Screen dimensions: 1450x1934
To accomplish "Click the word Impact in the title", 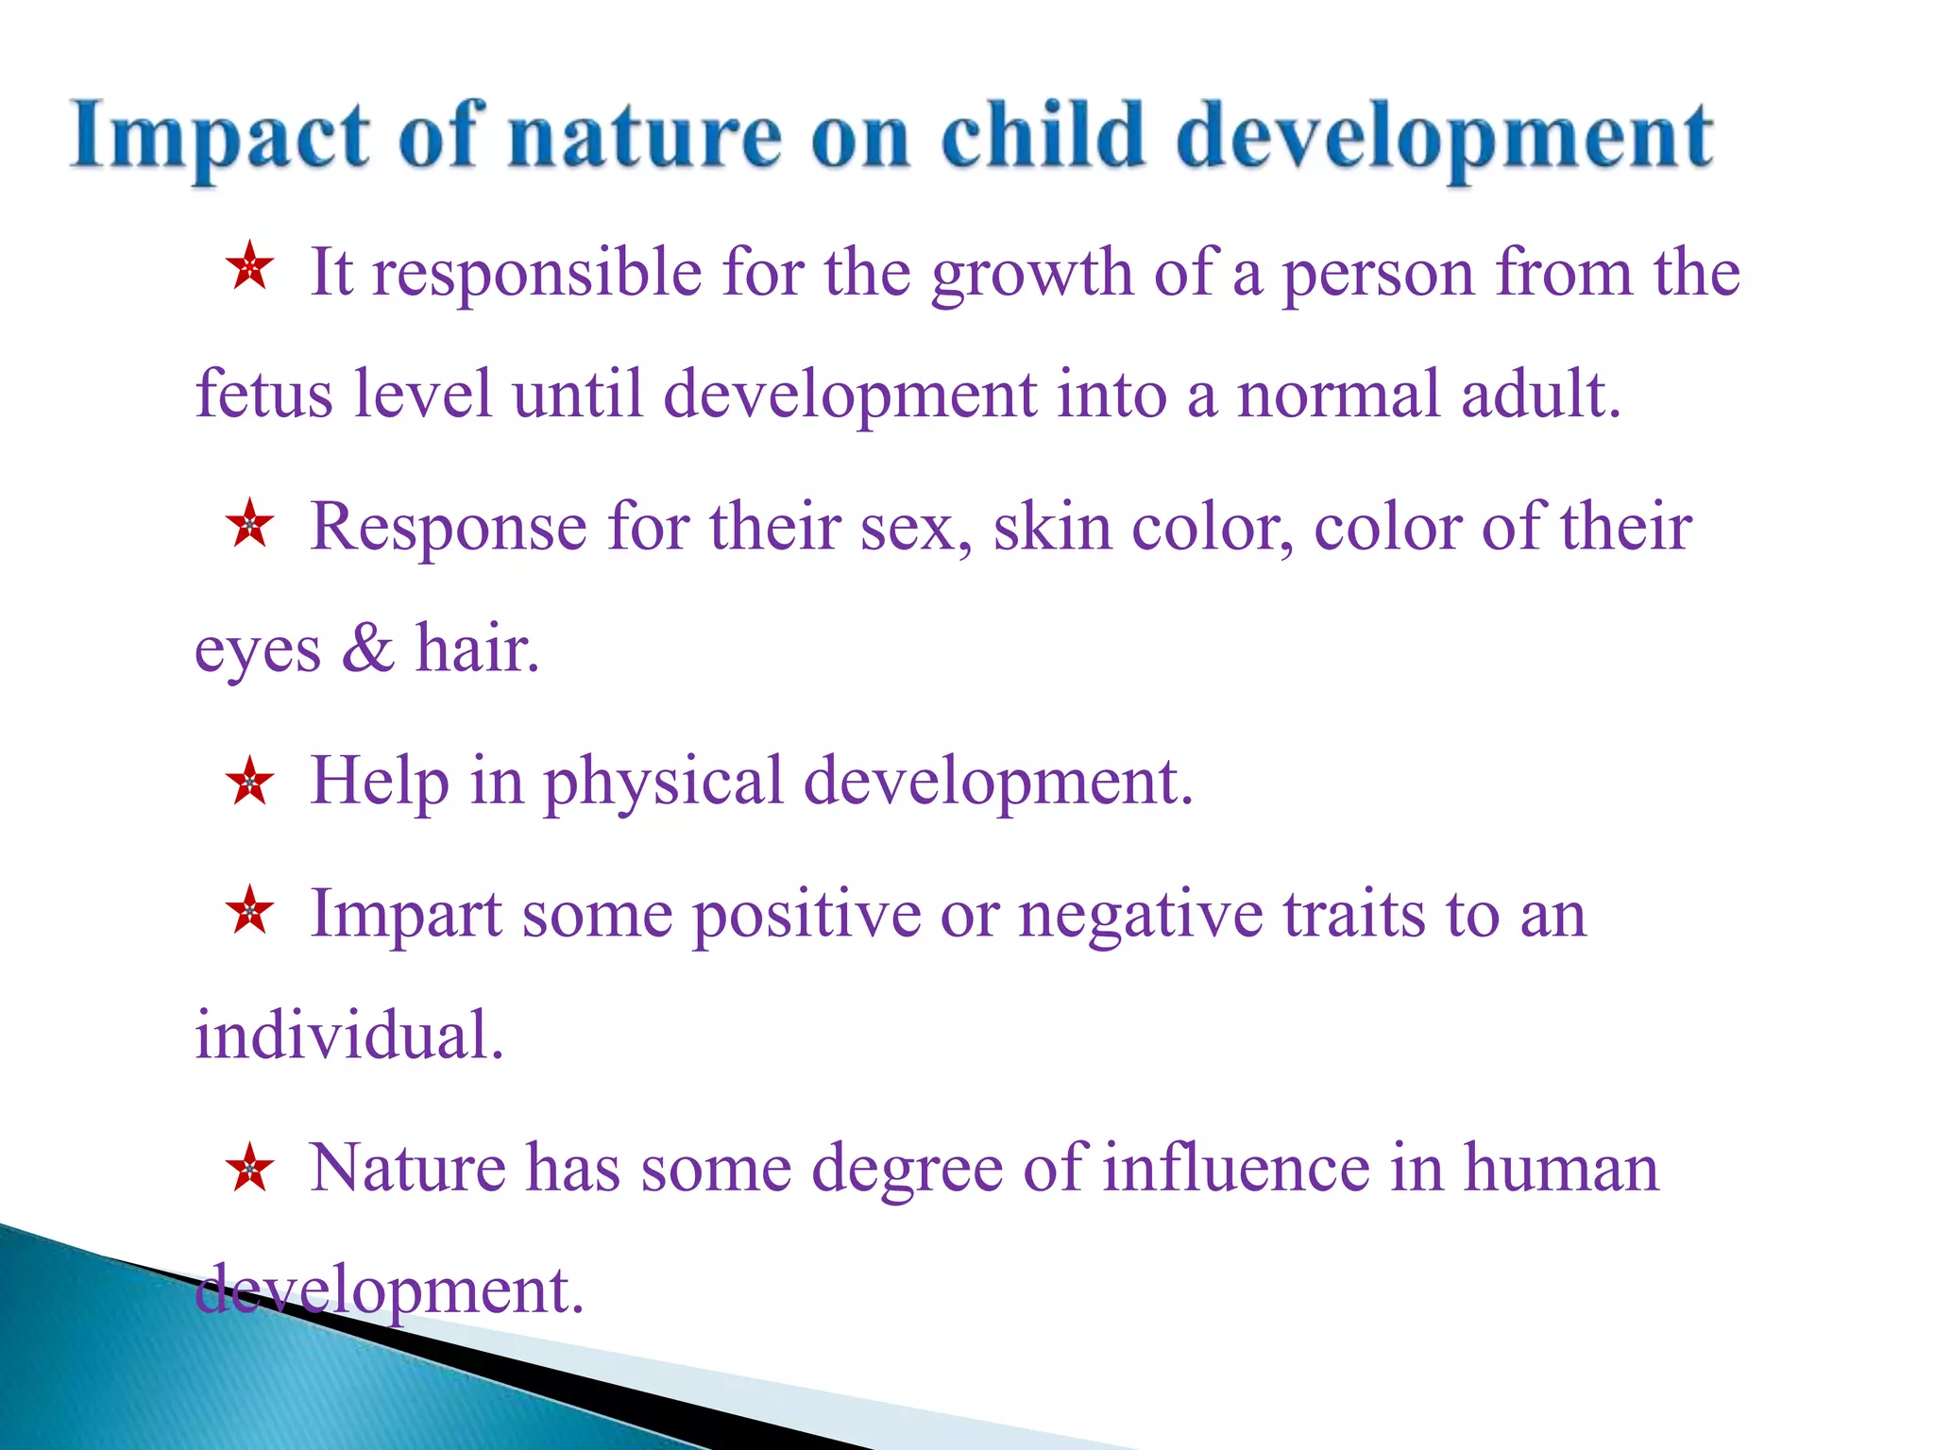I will tap(219, 138).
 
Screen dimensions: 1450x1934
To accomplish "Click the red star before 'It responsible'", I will tap(250, 267).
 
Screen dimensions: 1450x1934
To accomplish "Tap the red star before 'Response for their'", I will tap(250, 523).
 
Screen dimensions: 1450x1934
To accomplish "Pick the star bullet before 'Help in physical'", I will tap(250, 780).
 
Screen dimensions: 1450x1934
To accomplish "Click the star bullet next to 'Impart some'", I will tap(250, 911).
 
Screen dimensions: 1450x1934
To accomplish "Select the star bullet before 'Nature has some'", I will tap(250, 1167).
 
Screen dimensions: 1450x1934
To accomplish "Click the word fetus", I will tap(263, 394).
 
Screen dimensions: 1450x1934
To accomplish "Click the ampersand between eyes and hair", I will tap(367, 649).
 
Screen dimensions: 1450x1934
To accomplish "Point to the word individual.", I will tap(348, 1036).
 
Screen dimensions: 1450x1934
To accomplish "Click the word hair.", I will tap(478, 649).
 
